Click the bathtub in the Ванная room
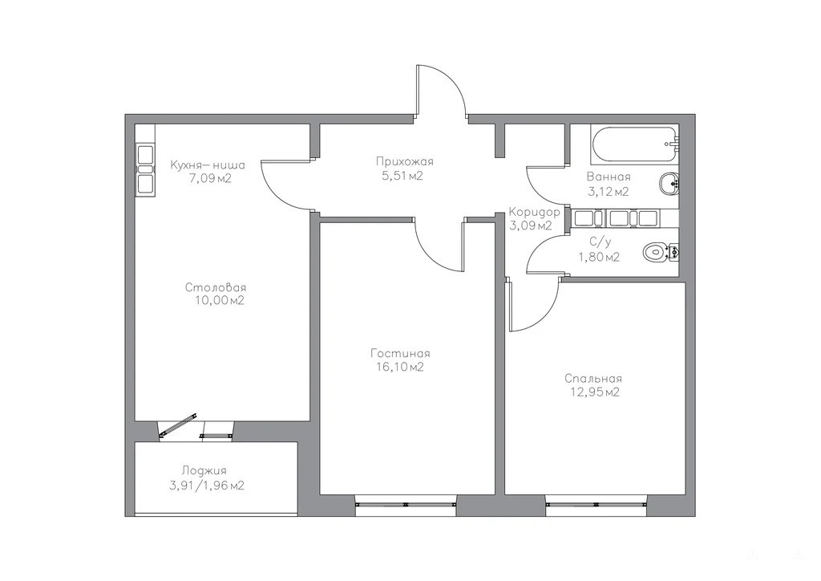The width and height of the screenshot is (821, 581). [x=635, y=144]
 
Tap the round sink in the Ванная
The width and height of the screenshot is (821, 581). [x=669, y=183]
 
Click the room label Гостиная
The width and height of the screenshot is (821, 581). [x=400, y=353]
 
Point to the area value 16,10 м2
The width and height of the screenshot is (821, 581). [x=399, y=368]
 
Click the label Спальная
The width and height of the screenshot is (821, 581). [x=593, y=378]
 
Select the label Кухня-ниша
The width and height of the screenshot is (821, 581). [x=208, y=165]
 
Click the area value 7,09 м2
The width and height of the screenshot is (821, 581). [x=210, y=179]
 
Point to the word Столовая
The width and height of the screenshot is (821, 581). [x=216, y=287]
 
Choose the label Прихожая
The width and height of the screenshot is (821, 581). [x=405, y=161]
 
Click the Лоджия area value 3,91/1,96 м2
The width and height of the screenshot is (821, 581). [x=206, y=486]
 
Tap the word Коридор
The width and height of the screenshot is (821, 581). [x=535, y=212]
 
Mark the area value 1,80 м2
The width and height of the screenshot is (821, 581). [x=599, y=258]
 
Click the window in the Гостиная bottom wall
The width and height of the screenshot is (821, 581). [x=405, y=504]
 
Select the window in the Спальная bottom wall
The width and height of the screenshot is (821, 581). [x=597, y=504]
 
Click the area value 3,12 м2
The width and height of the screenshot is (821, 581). [x=608, y=192]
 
